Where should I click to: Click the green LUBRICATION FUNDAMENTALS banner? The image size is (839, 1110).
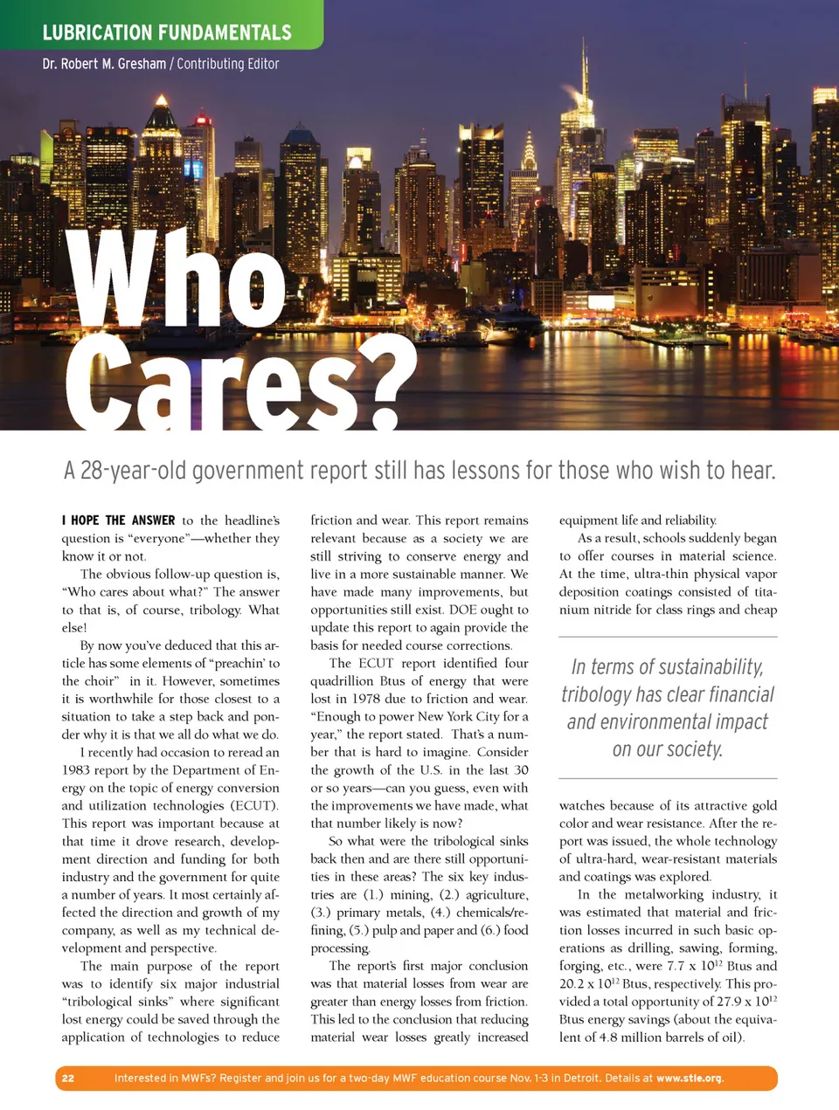click(166, 32)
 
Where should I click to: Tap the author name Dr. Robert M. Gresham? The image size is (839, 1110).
click(104, 64)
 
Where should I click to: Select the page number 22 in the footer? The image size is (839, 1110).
click(68, 1078)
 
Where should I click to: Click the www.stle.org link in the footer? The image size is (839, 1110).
click(689, 1078)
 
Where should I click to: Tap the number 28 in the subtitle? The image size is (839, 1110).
click(90, 471)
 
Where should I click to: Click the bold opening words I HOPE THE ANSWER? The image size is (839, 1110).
click(118, 521)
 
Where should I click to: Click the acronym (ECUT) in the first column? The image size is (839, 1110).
click(253, 805)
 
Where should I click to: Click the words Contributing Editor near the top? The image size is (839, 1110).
click(228, 64)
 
